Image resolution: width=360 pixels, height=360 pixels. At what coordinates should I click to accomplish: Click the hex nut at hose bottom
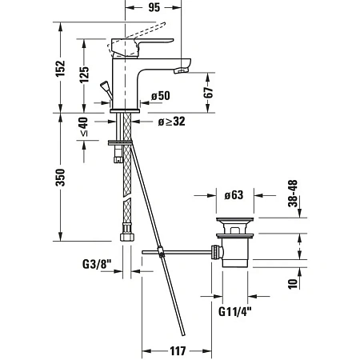[x=126, y=236]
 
